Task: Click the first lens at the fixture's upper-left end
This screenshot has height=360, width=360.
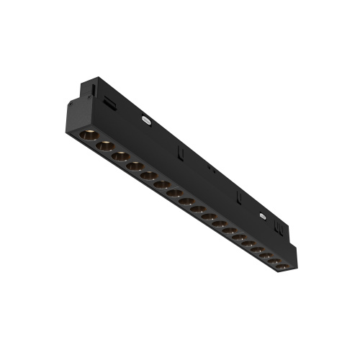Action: tap(91, 136)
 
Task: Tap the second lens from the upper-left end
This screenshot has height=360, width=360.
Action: tap(106, 146)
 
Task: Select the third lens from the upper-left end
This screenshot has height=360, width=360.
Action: tap(120, 156)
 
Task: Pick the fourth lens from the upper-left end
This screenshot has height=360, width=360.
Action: tap(135, 166)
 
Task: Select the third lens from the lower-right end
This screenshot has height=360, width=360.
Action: tap(264, 253)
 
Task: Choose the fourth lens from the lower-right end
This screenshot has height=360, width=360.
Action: tap(254, 247)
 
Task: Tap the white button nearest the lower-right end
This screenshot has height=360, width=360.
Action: tap(263, 214)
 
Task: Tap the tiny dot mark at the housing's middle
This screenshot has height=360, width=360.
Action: tap(210, 171)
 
